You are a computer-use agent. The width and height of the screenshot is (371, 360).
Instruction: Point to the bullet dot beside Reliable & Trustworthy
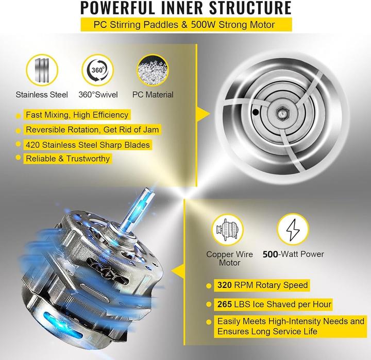pos(19,159)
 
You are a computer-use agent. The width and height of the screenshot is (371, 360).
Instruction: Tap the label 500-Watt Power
pos(294,254)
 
